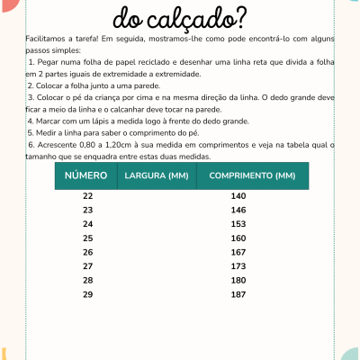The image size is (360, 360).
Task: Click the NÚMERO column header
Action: point(86,175)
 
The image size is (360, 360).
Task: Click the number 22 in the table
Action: point(87,195)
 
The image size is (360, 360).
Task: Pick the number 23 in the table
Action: point(87,210)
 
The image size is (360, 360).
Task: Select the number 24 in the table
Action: point(87,223)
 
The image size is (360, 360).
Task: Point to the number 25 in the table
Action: point(87,238)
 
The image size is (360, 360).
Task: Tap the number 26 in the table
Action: point(87,252)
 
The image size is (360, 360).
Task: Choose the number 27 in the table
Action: point(87,266)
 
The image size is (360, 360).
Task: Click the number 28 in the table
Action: point(87,280)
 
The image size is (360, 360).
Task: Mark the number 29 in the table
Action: point(87,294)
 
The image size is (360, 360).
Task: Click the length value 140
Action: point(238,195)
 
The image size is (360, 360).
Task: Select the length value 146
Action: point(238,210)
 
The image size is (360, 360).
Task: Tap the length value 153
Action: point(238,223)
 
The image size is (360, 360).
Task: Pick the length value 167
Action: point(238,252)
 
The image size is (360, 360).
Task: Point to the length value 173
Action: point(238,266)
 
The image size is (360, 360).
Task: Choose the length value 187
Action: point(238,294)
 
